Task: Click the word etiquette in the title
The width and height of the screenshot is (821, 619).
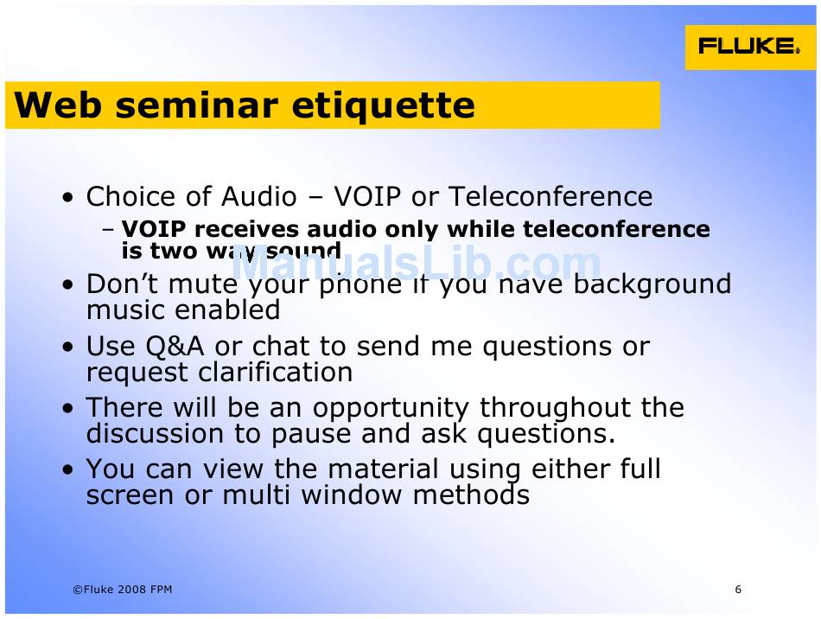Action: point(383,105)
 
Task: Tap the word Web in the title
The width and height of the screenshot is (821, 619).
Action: point(58,105)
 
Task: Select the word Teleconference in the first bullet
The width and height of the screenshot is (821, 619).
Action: point(551,197)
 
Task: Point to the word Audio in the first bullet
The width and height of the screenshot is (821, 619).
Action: point(259,197)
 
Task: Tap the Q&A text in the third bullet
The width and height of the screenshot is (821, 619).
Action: point(175,347)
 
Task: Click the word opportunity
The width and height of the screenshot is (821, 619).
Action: point(390,409)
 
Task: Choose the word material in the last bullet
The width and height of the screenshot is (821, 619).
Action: point(383,469)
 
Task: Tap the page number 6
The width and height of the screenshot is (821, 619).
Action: point(738,590)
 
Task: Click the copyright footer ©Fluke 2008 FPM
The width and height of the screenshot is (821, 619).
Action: point(123,590)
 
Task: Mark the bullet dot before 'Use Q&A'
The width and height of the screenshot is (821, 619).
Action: point(68,348)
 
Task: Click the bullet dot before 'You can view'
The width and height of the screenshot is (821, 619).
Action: point(68,469)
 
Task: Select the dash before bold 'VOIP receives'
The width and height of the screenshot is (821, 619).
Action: point(108,231)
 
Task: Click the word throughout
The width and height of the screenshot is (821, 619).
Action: point(556,409)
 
